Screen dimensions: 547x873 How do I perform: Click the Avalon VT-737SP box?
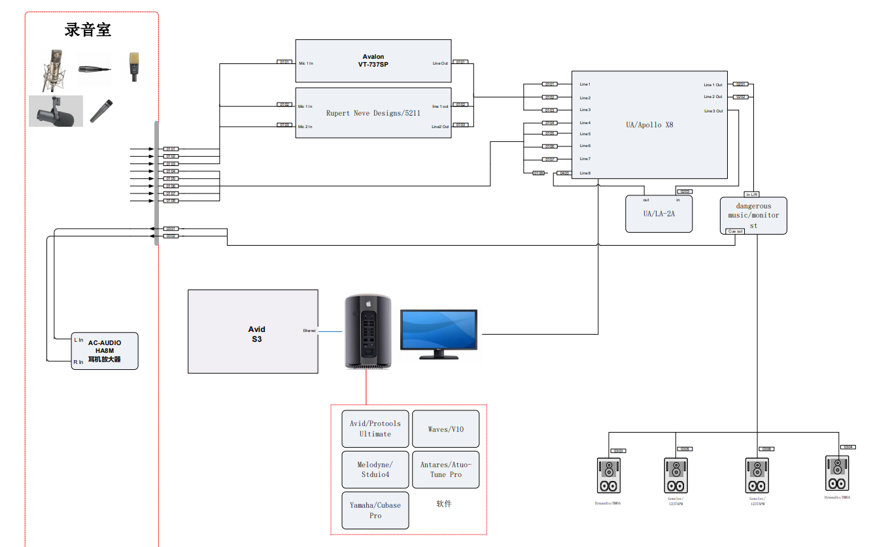point(373,61)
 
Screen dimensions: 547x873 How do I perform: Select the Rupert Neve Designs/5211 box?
point(373,113)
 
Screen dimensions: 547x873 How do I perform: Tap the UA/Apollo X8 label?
point(649,125)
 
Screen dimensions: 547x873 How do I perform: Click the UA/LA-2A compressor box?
point(659,214)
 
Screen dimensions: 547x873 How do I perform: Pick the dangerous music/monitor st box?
point(753,215)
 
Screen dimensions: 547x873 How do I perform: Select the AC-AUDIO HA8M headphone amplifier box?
point(105,351)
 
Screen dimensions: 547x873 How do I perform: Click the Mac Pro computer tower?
point(368,332)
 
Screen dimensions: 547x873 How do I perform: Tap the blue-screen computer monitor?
point(439,332)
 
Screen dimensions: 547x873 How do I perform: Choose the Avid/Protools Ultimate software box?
point(375,429)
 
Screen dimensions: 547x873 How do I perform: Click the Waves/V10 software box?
point(445,429)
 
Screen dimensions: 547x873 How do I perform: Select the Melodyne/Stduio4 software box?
point(375,469)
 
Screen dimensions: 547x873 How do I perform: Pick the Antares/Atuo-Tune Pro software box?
point(445,469)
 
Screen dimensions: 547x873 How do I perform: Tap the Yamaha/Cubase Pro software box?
point(375,510)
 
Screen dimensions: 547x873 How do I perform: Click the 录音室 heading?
point(88,29)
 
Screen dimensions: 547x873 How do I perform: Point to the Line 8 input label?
point(585,173)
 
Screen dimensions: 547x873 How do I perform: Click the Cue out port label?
point(736,231)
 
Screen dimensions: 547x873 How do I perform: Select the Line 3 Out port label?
point(713,111)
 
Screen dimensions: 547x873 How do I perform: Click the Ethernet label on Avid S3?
point(309,331)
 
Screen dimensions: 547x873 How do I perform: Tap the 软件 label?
point(444,504)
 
